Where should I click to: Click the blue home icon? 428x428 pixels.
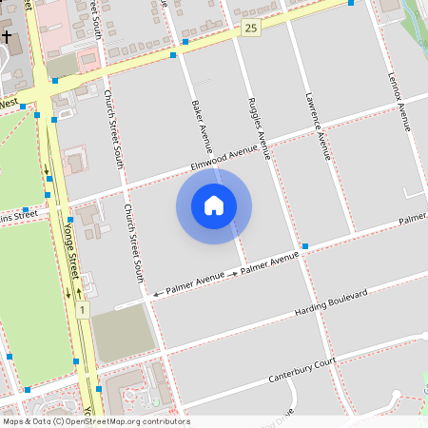point(214,205)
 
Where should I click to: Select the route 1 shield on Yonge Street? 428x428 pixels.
point(83,310)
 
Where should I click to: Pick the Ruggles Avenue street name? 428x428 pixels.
point(260,126)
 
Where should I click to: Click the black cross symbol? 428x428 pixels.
point(8,38)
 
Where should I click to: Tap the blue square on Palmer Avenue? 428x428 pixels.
point(305,246)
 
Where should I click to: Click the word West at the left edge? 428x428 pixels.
point(10,103)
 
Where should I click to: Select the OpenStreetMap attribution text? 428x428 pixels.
point(96,421)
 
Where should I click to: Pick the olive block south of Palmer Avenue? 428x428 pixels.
point(121,333)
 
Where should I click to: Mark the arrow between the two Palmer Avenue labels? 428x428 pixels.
point(233,274)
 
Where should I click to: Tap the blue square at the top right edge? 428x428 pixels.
point(351,3)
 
